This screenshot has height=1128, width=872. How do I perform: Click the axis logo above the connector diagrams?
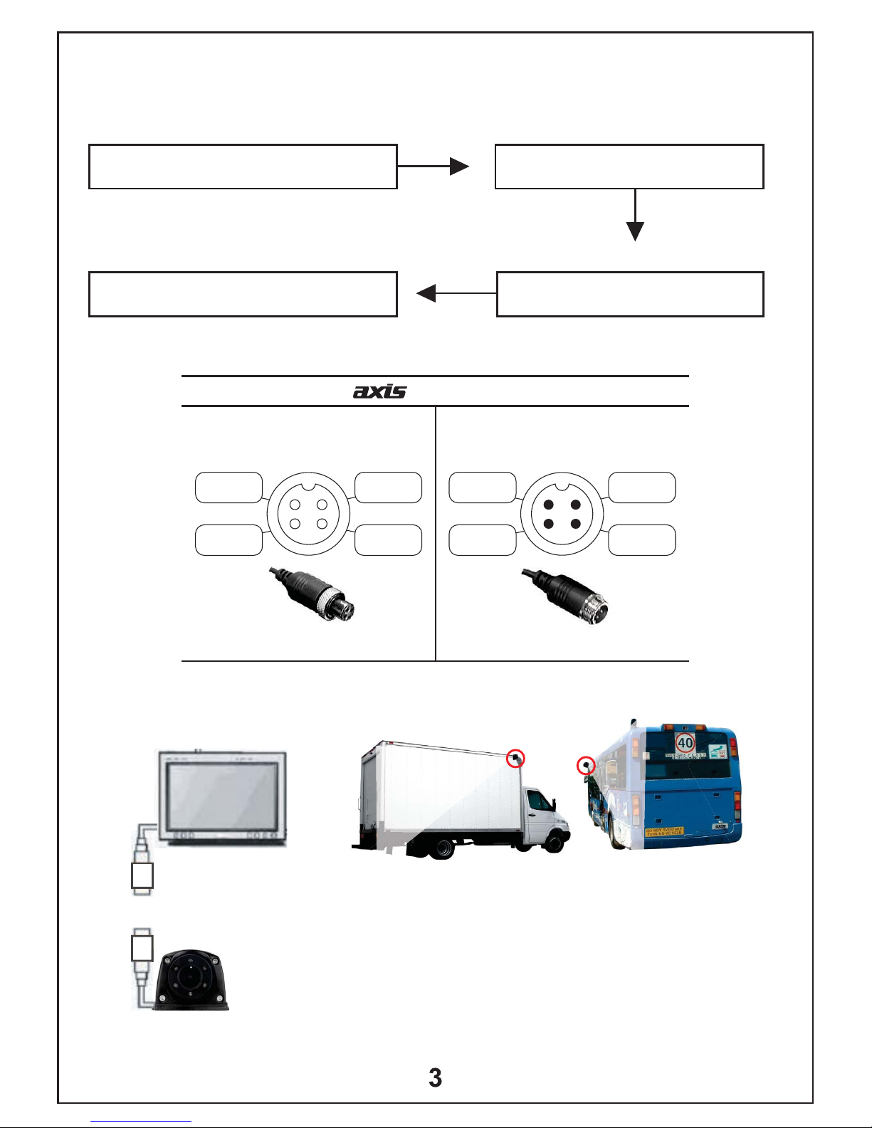tap(379, 391)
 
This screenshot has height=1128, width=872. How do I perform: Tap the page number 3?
tap(435, 1078)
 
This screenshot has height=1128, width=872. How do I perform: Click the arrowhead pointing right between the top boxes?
tap(460, 167)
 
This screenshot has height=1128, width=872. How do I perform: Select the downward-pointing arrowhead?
tap(635, 231)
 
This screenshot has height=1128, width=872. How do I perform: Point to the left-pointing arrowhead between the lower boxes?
tap(426, 293)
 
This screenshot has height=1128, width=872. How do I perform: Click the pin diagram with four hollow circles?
tap(308, 513)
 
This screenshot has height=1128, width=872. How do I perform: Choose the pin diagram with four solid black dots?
tap(562, 513)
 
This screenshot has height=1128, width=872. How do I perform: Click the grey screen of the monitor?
tap(221, 795)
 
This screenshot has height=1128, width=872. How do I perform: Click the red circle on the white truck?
tap(515, 759)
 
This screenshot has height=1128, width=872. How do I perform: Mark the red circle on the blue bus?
tap(586, 766)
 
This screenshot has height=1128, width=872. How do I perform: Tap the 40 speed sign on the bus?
tap(685, 743)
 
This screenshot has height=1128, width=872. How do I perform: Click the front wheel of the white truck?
tap(555, 841)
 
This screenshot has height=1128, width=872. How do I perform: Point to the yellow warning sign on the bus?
tap(664, 831)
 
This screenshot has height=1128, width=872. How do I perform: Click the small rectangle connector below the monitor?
tap(142, 876)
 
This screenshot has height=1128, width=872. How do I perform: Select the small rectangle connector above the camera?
tap(142, 948)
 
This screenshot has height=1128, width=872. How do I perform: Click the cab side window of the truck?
tap(540, 801)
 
